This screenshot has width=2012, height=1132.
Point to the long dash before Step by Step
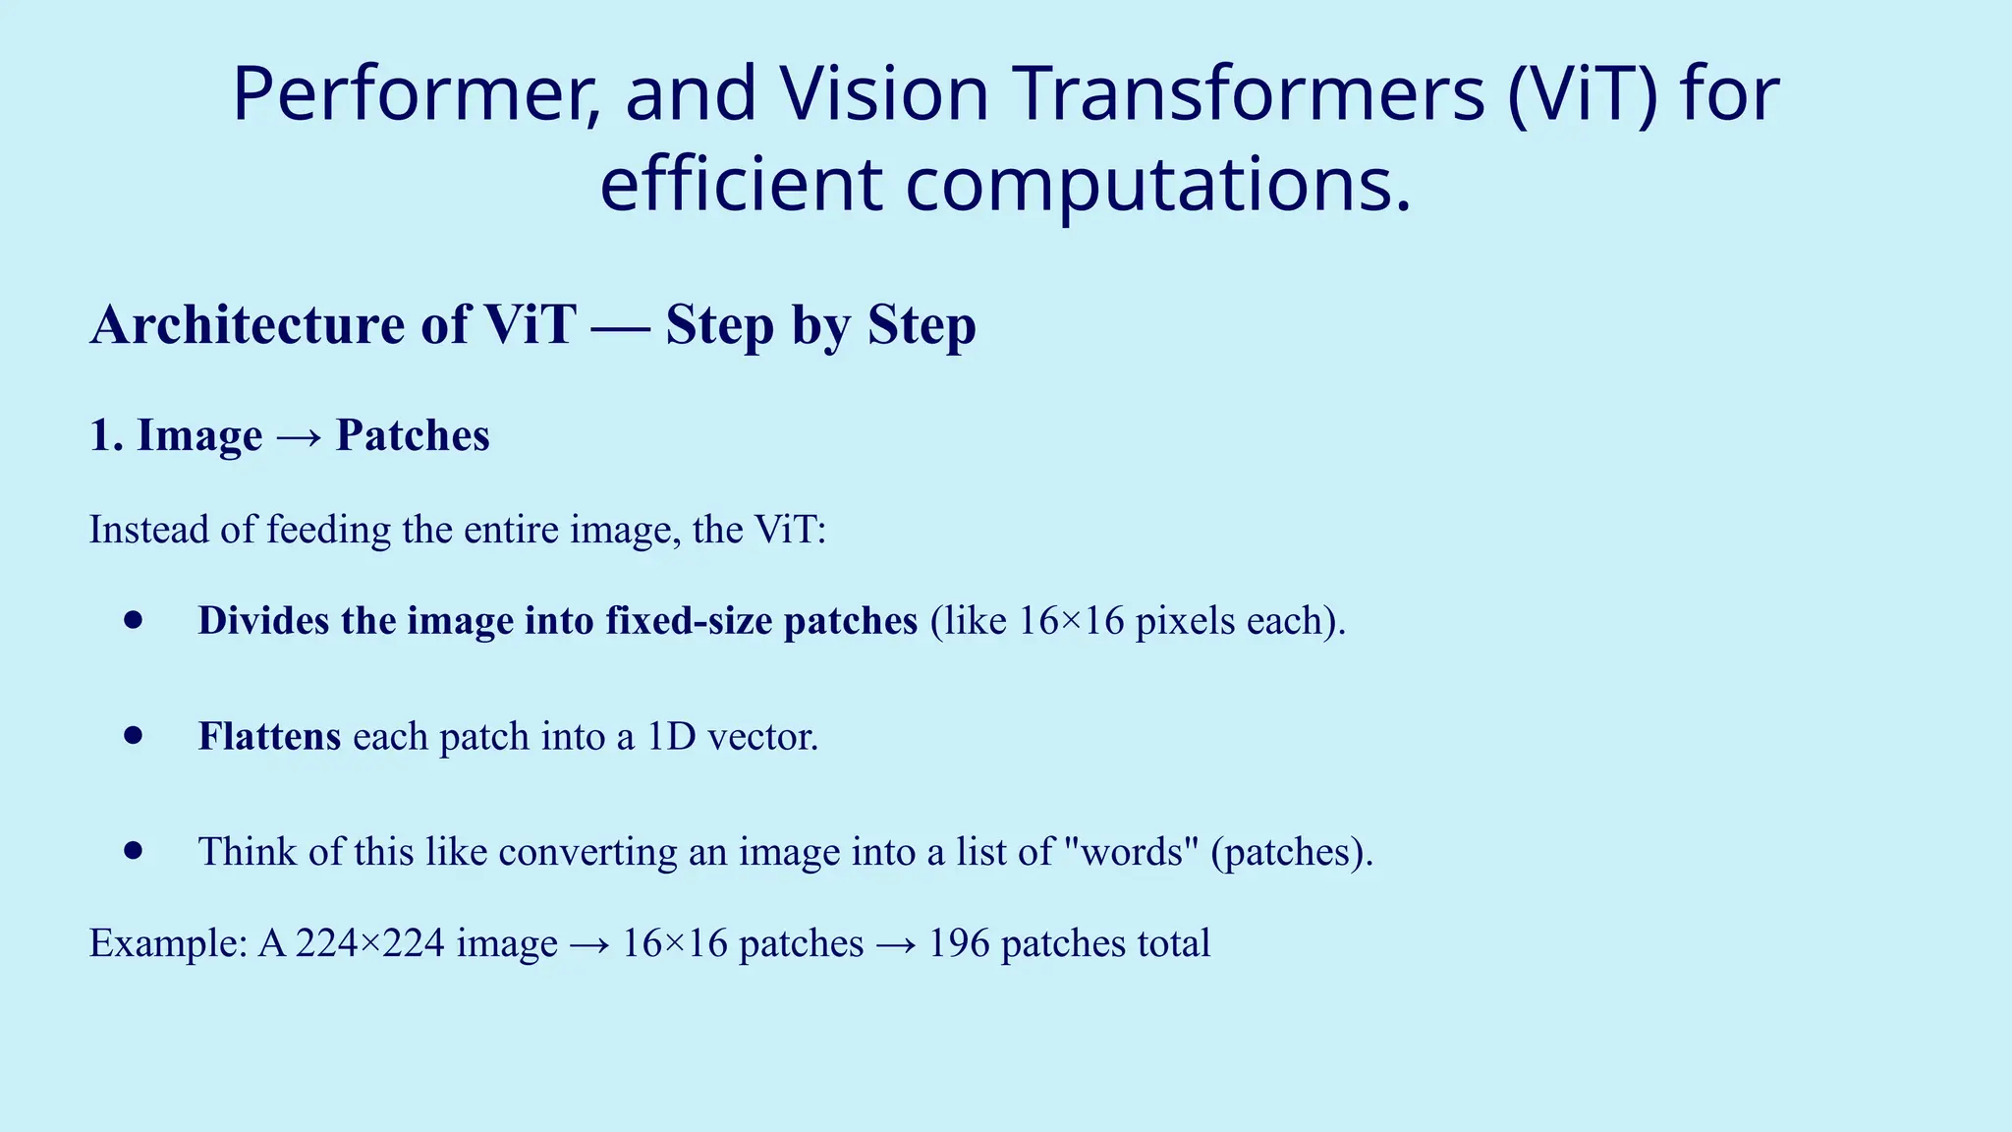click(x=620, y=326)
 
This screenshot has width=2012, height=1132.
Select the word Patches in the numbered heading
click(x=413, y=435)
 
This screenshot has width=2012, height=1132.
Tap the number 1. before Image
click(x=106, y=435)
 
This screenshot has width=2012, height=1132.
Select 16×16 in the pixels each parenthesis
click(x=1071, y=621)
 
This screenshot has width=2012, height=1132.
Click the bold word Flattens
click(x=269, y=736)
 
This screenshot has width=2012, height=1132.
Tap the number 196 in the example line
click(x=959, y=943)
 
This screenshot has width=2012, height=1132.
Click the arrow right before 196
click(x=896, y=944)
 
